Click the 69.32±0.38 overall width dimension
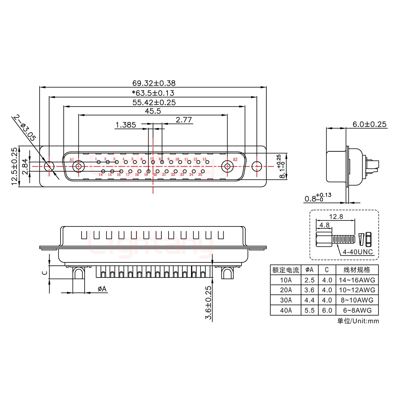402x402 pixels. click(x=154, y=83)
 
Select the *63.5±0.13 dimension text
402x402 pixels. click(x=153, y=93)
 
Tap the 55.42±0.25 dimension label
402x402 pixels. click(x=154, y=102)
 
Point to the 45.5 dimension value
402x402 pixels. click(x=153, y=111)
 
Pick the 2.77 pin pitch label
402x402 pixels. click(x=184, y=120)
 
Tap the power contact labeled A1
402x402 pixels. click(x=78, y=167)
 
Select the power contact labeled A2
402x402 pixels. click(x=227, y=167)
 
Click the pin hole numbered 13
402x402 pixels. click(x=207, y=162)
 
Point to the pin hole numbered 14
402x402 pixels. click(x=103, y=171)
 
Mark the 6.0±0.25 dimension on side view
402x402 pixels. click(x=369, y=124)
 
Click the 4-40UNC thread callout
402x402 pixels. click(x=358, y=252)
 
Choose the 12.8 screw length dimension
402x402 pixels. click(x=336, y=217)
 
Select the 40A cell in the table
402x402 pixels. click(x=286, y=310)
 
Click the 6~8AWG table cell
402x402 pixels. click(x=357, y=310)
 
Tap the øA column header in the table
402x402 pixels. click(x=309, y=270)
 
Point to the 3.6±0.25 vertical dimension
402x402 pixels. click(x=209, y=303)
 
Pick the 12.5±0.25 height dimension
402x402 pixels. click(x=15, y=166)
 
